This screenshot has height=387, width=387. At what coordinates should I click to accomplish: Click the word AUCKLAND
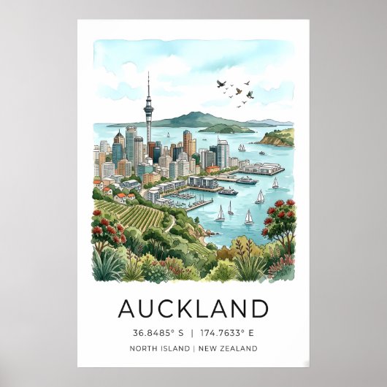pos(193,309)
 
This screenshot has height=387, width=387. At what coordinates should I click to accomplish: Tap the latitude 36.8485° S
pos(157,333)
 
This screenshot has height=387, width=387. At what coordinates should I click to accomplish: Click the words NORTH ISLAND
pos(160,348)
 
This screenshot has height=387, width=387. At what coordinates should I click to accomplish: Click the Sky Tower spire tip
pos(148,74)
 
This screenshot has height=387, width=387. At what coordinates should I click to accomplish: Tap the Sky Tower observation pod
pos(148,109)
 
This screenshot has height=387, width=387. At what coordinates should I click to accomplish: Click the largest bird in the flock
pos(250,94)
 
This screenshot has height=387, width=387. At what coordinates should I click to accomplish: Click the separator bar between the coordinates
pos(193,333)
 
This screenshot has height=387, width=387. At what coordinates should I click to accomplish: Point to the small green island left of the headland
pos(226,129)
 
